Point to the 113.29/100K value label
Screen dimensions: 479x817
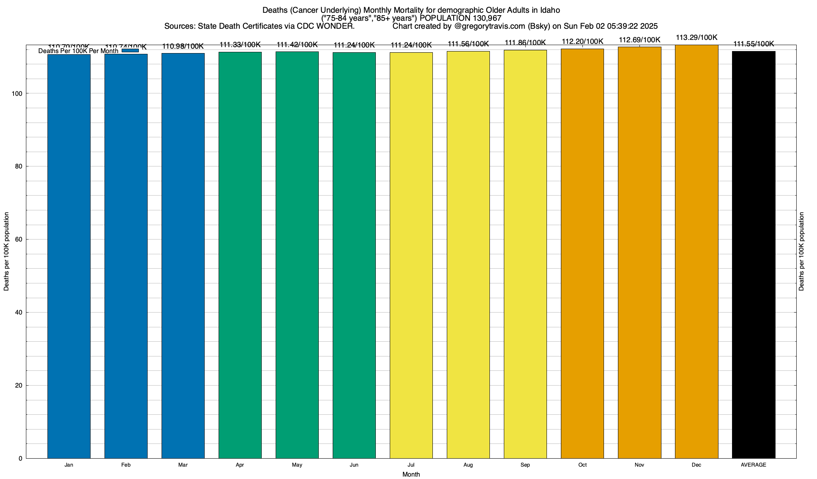click(x=697, y=38)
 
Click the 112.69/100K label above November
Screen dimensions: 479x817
click(x=639, y=40)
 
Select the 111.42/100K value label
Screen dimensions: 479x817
click(x=297, y=45)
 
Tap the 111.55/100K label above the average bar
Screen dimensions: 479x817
click(x=754, y=44)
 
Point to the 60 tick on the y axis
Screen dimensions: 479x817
click(x=19, y=239)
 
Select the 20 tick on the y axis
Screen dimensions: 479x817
click(x=19, y=386)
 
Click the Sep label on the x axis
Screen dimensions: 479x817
click(x=525, y=465)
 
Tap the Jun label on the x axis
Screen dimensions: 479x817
click(x=354, y=465)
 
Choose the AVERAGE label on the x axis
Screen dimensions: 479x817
click(x=754, y=465)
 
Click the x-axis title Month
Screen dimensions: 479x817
click(x=411, y=475)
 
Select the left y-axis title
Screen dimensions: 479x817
click(x=6, y=251)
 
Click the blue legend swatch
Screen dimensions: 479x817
click(x=130, y=50)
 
